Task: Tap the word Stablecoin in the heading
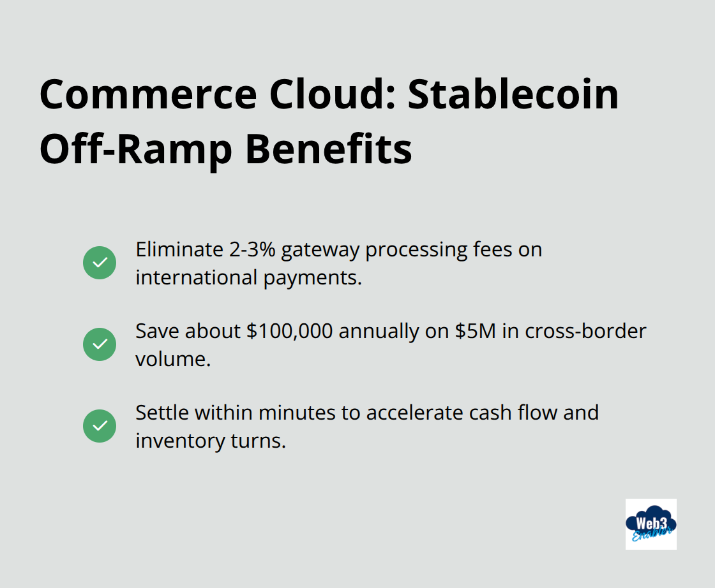coord(514,94)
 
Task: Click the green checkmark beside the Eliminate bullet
coord(100,263)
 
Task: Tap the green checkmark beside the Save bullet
coord(100,344)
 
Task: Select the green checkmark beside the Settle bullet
coord(100,426)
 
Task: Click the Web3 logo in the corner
coord(651,524)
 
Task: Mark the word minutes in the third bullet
coord(299,413)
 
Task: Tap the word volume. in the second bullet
coord(172,359)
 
